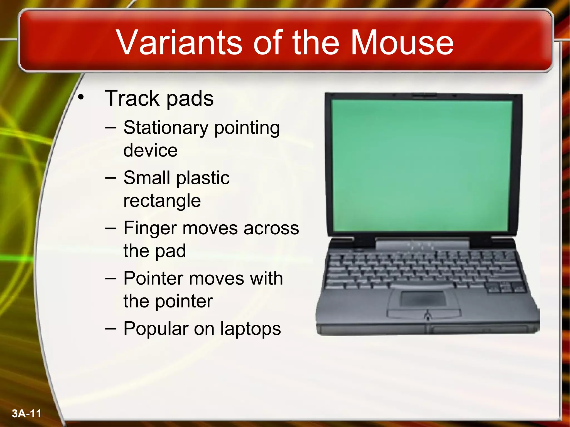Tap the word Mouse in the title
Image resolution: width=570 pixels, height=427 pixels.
[402, 42]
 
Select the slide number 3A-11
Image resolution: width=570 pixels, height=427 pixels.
[26, 414]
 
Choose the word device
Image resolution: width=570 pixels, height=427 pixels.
[150, 151]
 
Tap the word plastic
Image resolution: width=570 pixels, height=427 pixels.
[203, 178]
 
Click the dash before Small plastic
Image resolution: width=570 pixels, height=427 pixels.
[110, 178]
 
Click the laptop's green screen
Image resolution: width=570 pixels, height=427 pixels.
[422, 165]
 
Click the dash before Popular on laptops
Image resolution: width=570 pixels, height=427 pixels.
[110, 329]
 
